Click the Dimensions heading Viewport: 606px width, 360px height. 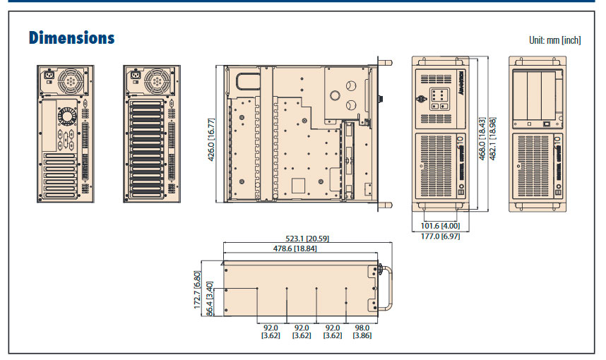click(71, 37)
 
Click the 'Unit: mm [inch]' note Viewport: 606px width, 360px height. click(554, 40)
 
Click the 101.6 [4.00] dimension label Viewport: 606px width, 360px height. click(439, 226)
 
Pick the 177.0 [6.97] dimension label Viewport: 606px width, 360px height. click(439, 235)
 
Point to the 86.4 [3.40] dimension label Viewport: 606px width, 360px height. click(209, 301)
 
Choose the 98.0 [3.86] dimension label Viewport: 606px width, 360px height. click(362, 332)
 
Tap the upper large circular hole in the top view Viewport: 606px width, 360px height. click(350, 85)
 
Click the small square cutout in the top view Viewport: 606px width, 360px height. click(298, 185)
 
